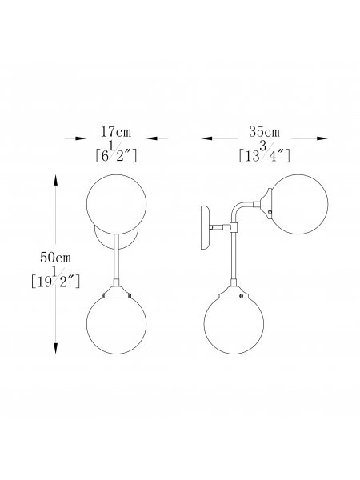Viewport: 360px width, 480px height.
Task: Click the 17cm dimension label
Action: tap(116, 132)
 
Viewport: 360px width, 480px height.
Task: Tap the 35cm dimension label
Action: tap(264, 132)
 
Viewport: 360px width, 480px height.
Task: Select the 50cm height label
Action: tap(55, 258)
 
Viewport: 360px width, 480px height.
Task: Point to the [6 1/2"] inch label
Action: tap(116, 152)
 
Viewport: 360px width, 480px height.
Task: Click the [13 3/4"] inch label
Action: tap(264, 152)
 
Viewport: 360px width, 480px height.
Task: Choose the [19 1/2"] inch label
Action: tap(55, 278)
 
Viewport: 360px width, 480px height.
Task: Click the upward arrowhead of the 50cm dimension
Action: tap(55, 180)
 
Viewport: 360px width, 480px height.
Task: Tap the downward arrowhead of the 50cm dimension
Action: tap(55, 348)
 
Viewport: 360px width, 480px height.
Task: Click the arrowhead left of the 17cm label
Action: tap(81, 138)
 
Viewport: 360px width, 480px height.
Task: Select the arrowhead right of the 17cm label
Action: tap(152, 138)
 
